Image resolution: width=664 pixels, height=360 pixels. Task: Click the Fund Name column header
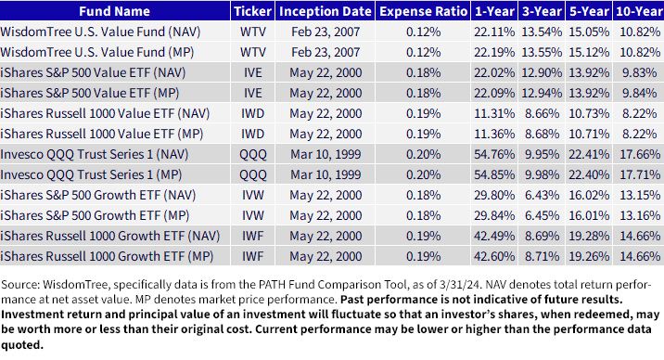114,11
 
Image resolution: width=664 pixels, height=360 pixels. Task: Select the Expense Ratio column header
423,11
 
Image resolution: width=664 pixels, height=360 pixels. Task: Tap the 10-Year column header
640,11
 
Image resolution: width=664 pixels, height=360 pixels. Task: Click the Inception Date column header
326,11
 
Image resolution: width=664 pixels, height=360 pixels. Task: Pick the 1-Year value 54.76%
494,154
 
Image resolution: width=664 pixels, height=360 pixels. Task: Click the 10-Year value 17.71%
640,174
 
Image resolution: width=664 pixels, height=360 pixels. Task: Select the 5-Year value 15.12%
589,52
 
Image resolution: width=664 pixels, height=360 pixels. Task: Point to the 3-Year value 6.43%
542,195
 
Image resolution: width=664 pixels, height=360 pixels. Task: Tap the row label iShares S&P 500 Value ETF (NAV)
93,73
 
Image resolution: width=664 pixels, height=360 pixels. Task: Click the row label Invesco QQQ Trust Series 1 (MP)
91,174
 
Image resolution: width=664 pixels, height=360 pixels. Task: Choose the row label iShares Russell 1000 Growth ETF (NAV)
110,236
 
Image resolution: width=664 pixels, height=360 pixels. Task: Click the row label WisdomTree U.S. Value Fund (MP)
97,53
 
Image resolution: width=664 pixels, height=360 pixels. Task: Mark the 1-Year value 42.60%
494,256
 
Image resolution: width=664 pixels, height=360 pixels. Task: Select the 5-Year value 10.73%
589,113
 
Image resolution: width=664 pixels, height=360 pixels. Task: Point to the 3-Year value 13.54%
542,32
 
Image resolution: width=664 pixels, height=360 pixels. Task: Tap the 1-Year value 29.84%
494,215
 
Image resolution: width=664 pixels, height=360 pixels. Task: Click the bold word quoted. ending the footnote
22,345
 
